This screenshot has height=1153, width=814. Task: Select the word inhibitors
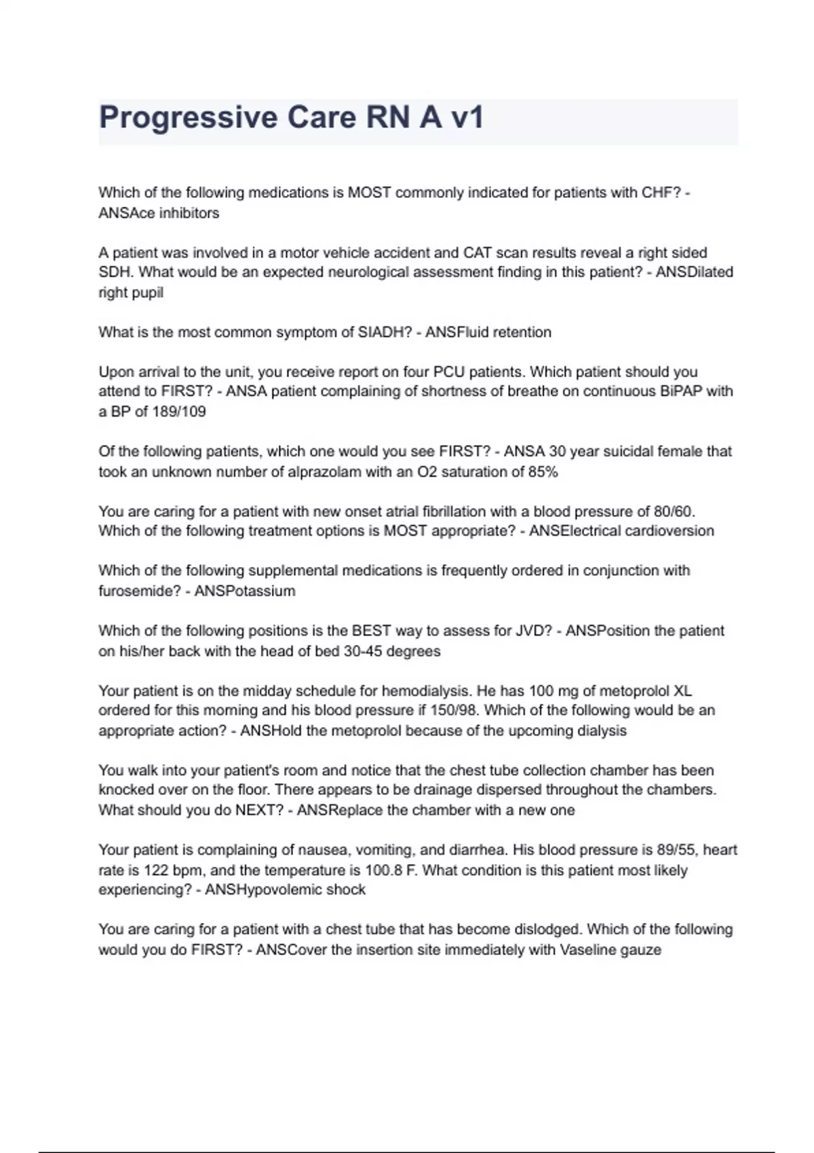(x=189, y=213)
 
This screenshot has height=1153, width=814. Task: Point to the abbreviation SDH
(x=115, y=273)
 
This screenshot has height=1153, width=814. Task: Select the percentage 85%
(x=543, y=472)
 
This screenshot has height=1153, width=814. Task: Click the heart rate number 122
(x=156, y=870)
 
